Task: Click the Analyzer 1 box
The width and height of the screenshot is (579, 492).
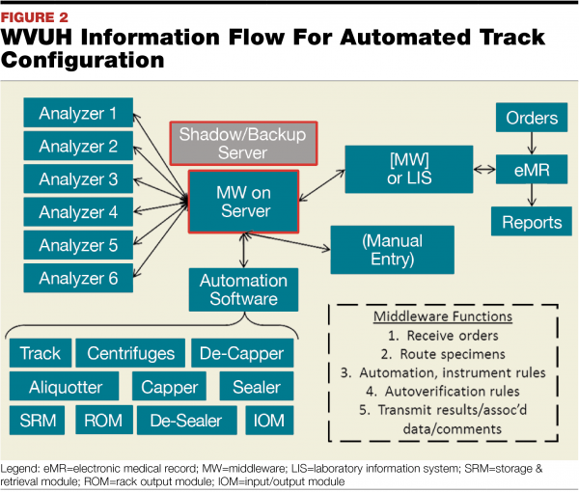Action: pyautogui.click(x=79, y=114)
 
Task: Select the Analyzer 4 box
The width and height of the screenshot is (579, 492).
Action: pyautogui.click(x=79, y=213)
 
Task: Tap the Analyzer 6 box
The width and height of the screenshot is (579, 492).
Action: pyautogui.click(x=79, y=280)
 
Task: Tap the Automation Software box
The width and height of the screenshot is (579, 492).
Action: pyautogui.click(x=243, y=289)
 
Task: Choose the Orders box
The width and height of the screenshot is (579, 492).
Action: pyautogui.click(x=531, y=119)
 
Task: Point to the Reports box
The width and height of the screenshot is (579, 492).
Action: pyautogui.click(x=531, y=223)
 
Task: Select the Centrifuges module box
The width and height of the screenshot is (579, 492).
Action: pyautogui.click(x=130, y=354)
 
